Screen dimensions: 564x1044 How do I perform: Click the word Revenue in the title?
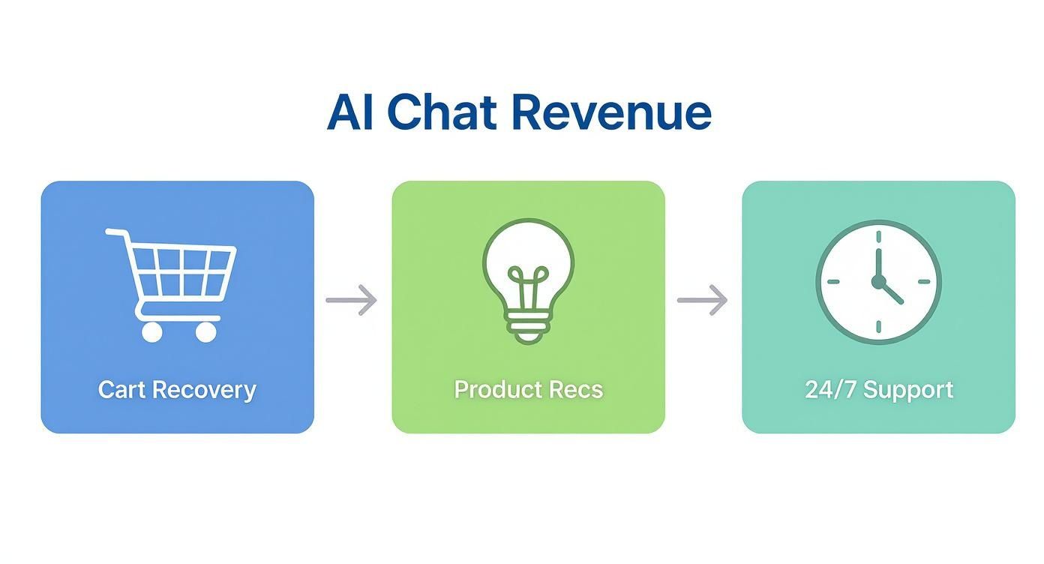(611, 112)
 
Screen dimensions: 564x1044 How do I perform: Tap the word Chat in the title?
(441, 112)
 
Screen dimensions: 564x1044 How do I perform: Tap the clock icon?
(878, 283)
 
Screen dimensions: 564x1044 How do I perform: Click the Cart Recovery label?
(177, 390)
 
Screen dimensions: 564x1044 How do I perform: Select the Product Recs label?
(528, 390)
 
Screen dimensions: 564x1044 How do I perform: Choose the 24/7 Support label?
(879, 390)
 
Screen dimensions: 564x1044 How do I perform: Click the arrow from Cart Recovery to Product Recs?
(352, 300)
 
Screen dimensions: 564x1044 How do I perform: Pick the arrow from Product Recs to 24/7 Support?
(703, 300)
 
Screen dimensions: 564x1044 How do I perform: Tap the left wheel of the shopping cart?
(151, 331)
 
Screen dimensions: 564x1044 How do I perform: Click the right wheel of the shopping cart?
(205, 331)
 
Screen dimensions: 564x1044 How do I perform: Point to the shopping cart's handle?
(115, 233)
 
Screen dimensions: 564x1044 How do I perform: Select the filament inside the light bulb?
(528, 289)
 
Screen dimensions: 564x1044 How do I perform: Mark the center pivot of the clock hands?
(877, 281)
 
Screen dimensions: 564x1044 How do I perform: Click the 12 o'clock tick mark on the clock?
(877, 235)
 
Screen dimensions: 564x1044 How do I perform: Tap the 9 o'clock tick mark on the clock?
(832, 282)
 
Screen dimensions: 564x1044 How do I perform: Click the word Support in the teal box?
(908, 390)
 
